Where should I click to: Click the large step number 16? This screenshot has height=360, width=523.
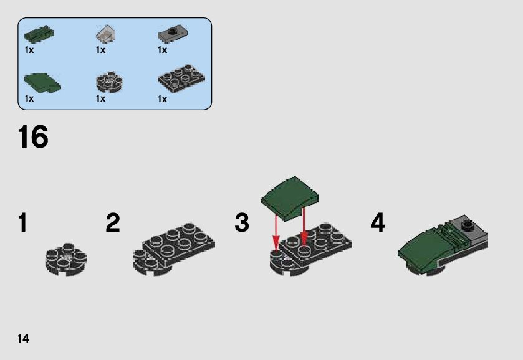(x=33, y=137)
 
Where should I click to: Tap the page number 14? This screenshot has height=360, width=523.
(x=24, y=338)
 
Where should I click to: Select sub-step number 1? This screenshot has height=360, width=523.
(x=23, y=223)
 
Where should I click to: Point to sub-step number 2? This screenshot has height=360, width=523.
(x=113, y=223)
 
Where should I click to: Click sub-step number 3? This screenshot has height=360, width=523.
(x=242, y=223)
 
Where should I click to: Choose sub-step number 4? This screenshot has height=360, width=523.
(x=378, y=223)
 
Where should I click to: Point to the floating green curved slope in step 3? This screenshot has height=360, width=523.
(x=289, y=197)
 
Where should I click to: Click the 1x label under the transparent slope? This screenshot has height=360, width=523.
(x=101, y=50)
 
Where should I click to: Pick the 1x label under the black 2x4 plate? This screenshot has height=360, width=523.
(x=163, y=99)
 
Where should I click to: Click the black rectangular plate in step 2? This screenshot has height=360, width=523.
(x=180, y=240)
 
